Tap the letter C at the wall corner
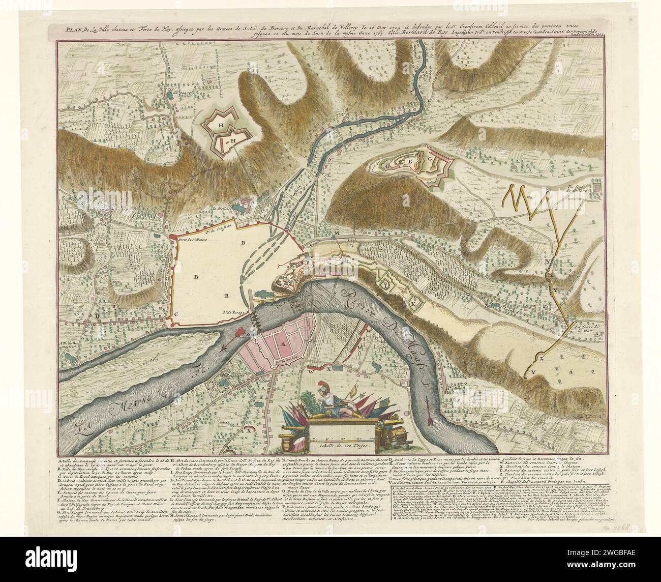click(176, 314)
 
